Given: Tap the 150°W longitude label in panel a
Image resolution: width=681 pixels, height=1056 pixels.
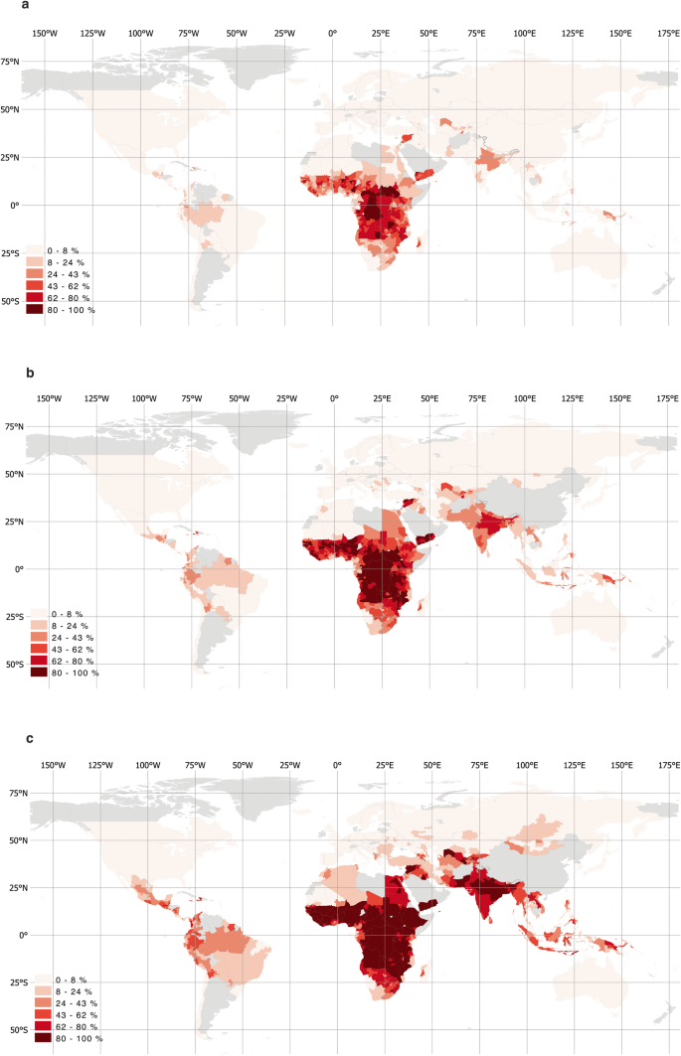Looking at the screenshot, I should (45, 34).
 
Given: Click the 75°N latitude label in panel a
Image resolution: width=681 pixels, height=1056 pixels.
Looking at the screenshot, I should (11, 62).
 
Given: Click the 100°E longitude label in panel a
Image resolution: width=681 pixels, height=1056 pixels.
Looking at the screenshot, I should (523, 34).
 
